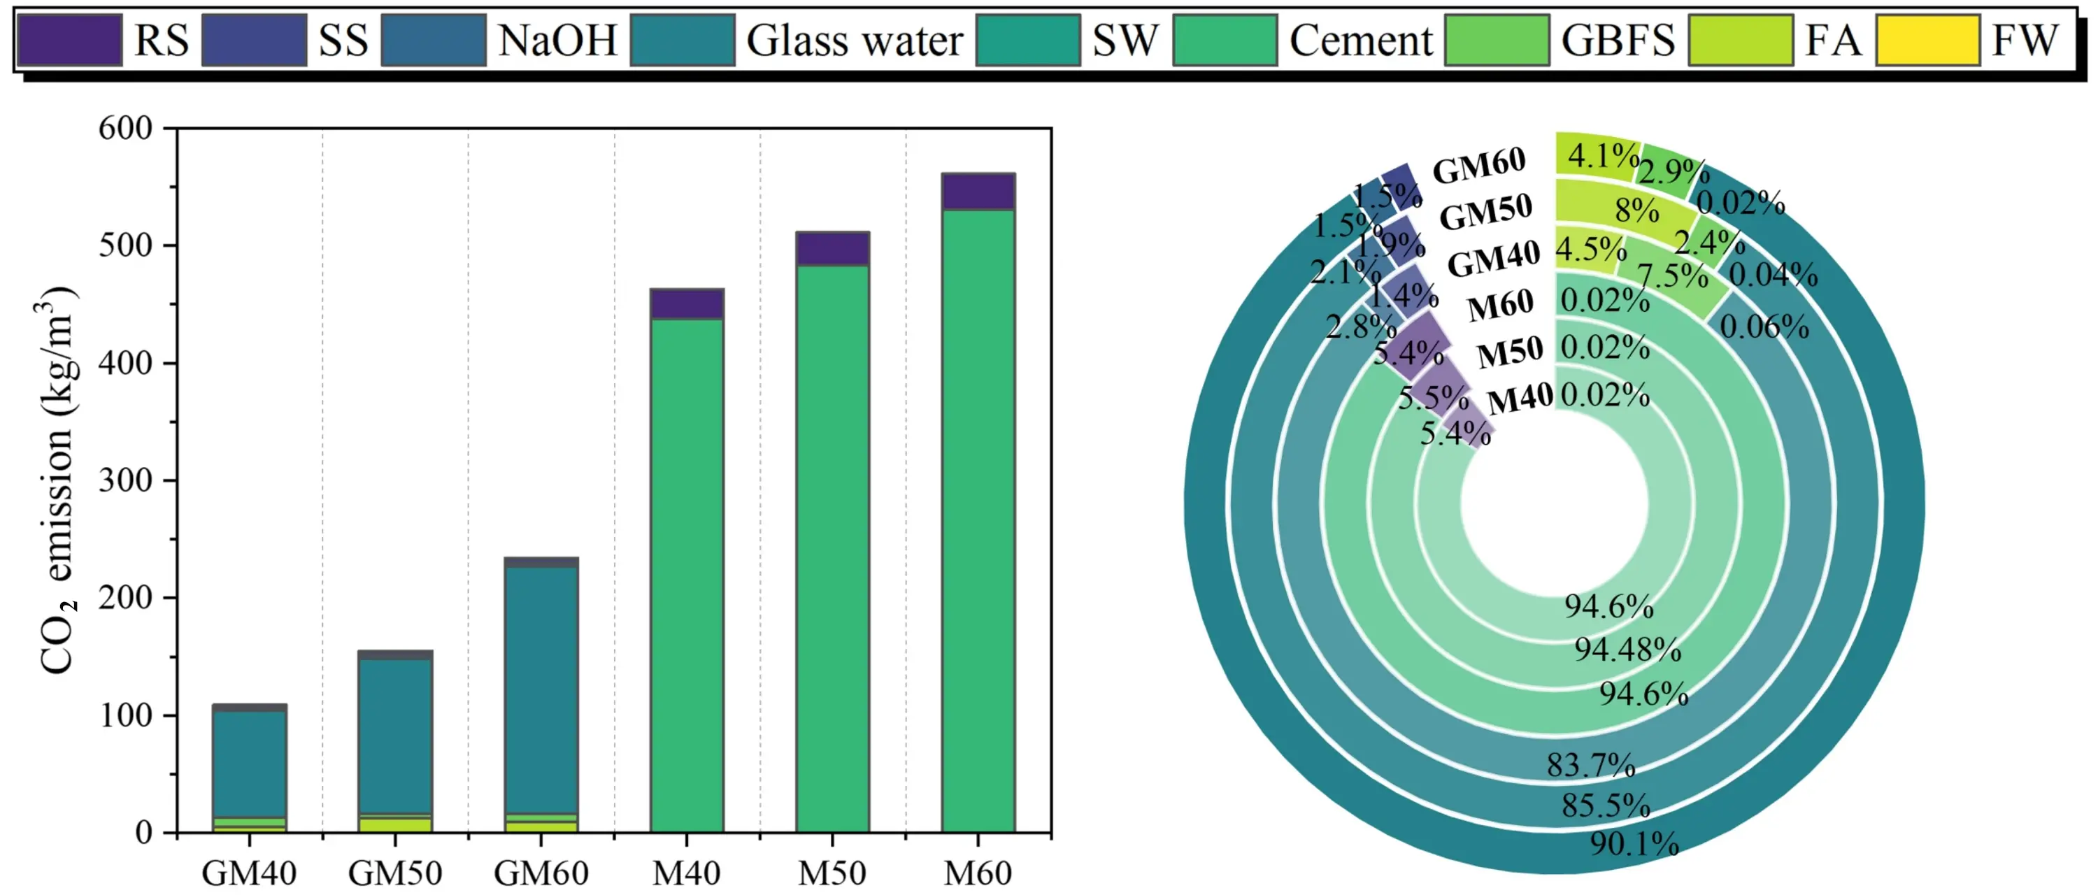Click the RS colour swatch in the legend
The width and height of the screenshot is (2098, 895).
coord(69,39)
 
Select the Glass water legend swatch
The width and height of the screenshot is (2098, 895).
coord(683,39)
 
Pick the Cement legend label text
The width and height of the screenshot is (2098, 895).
coord(1360,39)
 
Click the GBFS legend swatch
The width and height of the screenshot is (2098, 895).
coord(1497,39)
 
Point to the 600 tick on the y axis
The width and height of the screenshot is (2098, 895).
coord(124,129)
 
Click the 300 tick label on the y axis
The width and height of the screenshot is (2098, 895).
coord(124,480)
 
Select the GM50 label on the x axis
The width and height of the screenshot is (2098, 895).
coord(395,874)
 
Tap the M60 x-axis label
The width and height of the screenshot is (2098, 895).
coord(978,874)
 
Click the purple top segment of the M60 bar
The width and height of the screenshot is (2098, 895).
coord(978,192)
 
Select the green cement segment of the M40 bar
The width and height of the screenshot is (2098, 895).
coord(687,570)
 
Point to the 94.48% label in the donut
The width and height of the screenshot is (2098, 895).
coord(1627,650)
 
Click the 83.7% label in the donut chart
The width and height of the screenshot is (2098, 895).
coord(1590,766)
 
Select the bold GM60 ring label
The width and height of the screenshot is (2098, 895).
coord(1478,167)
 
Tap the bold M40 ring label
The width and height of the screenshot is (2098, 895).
coord(1520,400)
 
